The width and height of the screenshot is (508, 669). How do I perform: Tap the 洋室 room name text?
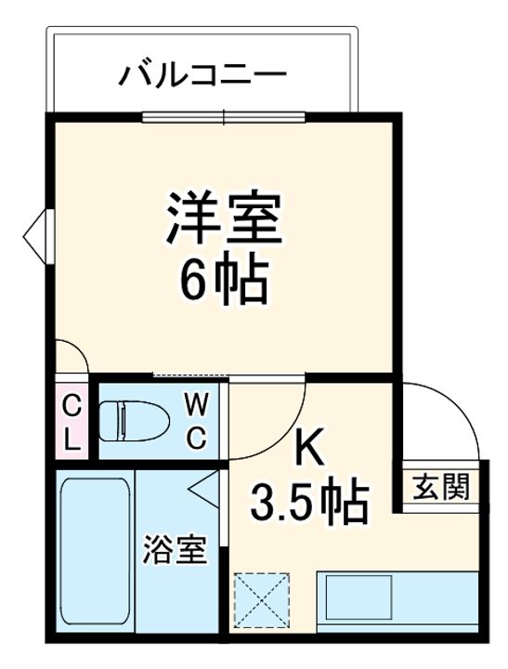(225, 217)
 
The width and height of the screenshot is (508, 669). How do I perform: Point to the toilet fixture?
(134, 421)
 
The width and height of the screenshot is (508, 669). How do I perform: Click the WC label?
(198, 421)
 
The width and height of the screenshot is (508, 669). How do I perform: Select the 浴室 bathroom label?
(176, 549)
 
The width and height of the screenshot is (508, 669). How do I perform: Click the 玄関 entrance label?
(440, 487)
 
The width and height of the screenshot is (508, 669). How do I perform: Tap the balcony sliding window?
(224, 116)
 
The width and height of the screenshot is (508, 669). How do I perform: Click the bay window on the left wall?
(39, 236)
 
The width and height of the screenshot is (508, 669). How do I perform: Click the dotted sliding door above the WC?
(191, 376)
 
